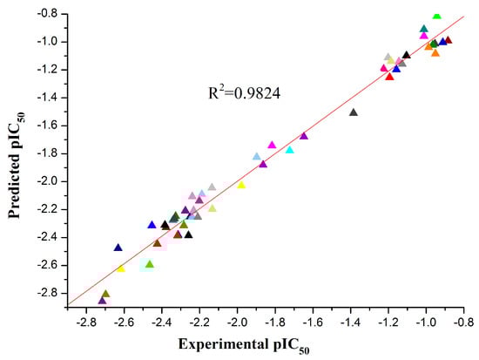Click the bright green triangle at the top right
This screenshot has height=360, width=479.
coord(436,16)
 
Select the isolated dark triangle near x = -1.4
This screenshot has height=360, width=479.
coord(353,112)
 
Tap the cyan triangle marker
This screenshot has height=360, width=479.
coord(289,150)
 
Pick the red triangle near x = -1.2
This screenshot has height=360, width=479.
coord(389,77)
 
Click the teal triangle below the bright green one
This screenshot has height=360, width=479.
coord(424,29)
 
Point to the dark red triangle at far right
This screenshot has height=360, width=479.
coord(449,40)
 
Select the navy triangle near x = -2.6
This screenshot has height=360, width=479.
coord(118,248)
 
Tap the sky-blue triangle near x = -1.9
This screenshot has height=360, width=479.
coord(256,157)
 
